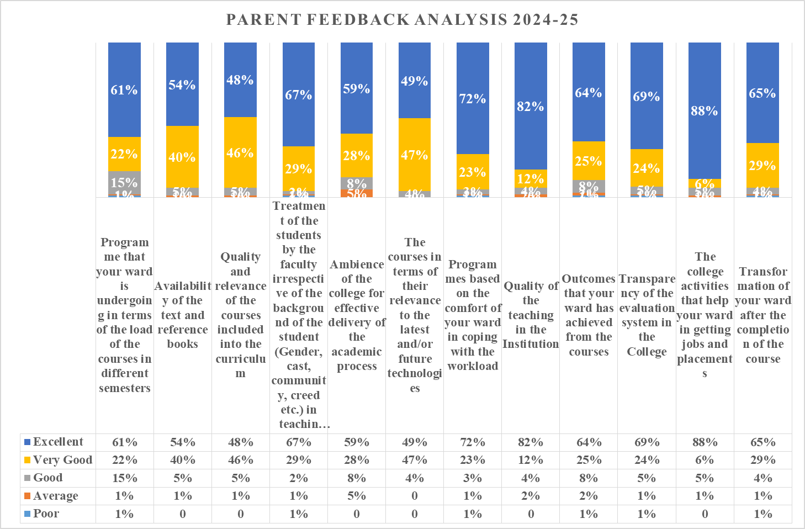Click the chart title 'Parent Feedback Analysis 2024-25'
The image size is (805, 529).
click(402, 20)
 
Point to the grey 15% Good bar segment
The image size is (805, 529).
click(124, 182)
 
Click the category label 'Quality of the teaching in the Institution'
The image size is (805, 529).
click(531, 315)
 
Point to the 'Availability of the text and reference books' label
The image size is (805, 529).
click(183, 315)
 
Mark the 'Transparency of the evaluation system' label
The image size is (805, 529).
click(647, 315)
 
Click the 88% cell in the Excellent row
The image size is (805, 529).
click(705, 442)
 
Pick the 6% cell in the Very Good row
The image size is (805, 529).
click(705, 460)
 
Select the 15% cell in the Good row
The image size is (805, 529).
click(124, 478)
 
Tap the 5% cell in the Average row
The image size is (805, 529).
click(357, 496)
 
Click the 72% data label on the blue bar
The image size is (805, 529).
click(473, 99)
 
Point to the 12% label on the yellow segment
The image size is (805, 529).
click(531, 179)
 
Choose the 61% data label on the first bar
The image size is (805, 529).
click(124, 90)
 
